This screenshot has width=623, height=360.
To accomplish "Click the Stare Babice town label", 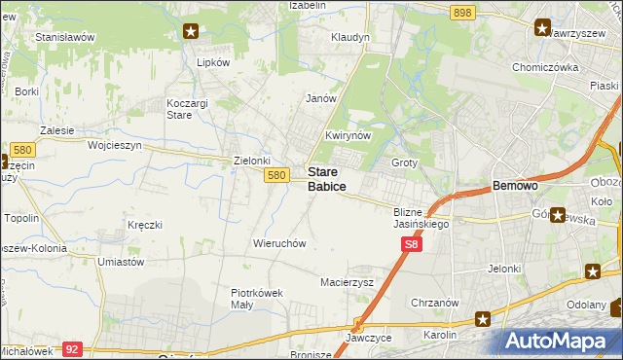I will point(327,178).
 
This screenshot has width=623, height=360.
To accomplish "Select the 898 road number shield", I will point(462,12).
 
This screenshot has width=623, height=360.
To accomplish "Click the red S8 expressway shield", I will point(412,247).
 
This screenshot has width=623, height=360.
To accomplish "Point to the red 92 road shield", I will point(72,347).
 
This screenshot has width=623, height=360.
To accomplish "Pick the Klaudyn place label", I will point(350,37).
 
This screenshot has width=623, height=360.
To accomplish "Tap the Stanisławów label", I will point(64,37).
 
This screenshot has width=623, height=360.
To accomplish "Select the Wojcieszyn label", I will point(115,145).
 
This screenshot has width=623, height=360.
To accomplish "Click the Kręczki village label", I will point(144,225).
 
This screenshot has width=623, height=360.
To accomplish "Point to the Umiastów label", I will point(122,262).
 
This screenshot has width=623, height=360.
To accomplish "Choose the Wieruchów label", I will point(279,243).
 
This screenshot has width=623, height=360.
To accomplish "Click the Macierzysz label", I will point(348,282).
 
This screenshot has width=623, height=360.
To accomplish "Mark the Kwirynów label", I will point(348,136).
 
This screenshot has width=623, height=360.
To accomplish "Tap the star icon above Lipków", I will point(191,31).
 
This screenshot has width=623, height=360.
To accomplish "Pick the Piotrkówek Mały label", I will point(256,298).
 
